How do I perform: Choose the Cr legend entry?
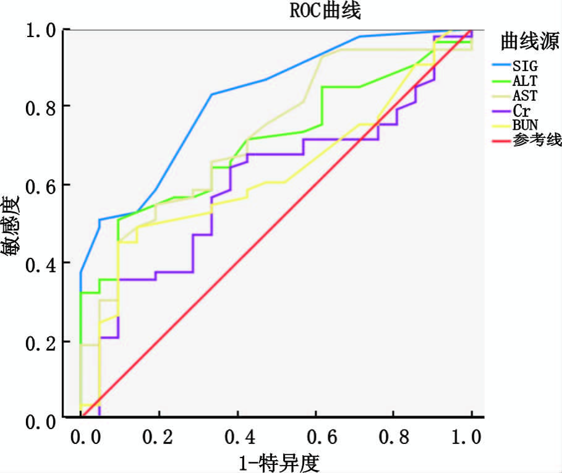tap(520, 111)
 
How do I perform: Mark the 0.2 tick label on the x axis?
tap(159, 437)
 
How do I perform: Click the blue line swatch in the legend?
tap(500, 65)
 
